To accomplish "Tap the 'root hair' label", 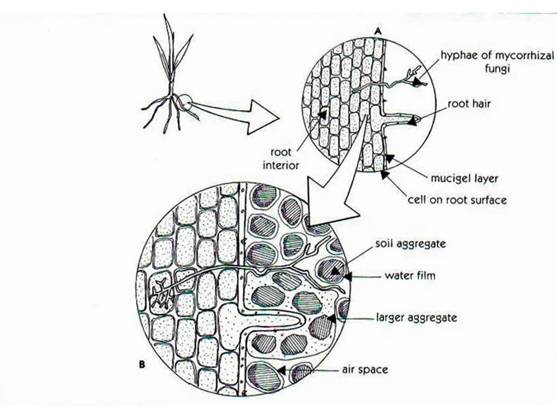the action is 469,104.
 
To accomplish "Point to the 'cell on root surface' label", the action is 457,199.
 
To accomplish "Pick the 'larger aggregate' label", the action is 417,318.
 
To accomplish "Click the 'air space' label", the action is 365,370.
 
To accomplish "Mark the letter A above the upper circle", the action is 378,32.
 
